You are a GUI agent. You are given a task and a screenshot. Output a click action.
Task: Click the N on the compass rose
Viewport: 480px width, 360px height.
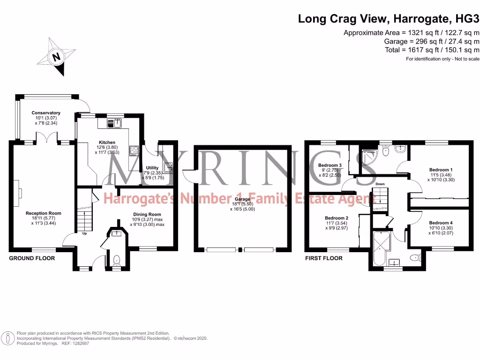pyautogui.click(x=56, y=57)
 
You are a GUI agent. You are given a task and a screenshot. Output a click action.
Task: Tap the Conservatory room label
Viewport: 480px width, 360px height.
pyautogui.click(x=46, y=112)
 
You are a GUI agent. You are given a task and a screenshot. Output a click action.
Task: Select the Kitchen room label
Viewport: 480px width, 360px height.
pyautogui.click(x=107, y=142)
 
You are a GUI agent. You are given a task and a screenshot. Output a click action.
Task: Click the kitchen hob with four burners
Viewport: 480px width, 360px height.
pyautogui.click(x=134, y=150)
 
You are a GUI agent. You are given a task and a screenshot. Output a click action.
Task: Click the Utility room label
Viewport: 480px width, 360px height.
pyautogui.click(x=152, y=168)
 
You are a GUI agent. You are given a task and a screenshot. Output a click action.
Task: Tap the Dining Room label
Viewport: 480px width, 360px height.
pyautogui.click(x=147, y=214)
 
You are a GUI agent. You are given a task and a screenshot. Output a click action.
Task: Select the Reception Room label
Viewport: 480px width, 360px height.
pyautogui.click(x=44, y=213)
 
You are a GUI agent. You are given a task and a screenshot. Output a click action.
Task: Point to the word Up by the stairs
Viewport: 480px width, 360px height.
pyautogui.click(x=84, y=233)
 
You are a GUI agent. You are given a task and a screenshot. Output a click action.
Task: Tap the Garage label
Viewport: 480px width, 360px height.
pyautogui.click(x=242, y=199)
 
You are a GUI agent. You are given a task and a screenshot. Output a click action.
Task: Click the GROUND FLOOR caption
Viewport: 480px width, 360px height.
pyautogui.click(x=32, y=258)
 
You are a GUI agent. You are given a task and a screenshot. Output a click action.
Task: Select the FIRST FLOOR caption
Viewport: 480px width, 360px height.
pyautogui.click(x=323, y=258)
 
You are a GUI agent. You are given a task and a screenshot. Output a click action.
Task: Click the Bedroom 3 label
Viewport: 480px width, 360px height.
pyautogui.click(x=330, y=165)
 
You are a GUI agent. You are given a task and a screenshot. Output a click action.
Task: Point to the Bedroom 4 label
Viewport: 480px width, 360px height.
pyautogui.click(x=441, y=223)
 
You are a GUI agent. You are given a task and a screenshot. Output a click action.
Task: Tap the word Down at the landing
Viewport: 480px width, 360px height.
pyautogui.click(x=380, y=184)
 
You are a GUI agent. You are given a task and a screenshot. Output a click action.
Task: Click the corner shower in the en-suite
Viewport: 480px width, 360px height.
pyautogui.click(x=369, y=157)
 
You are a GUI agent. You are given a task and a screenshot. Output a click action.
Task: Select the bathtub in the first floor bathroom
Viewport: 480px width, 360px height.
pyautogui.click(x=382, y=248)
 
